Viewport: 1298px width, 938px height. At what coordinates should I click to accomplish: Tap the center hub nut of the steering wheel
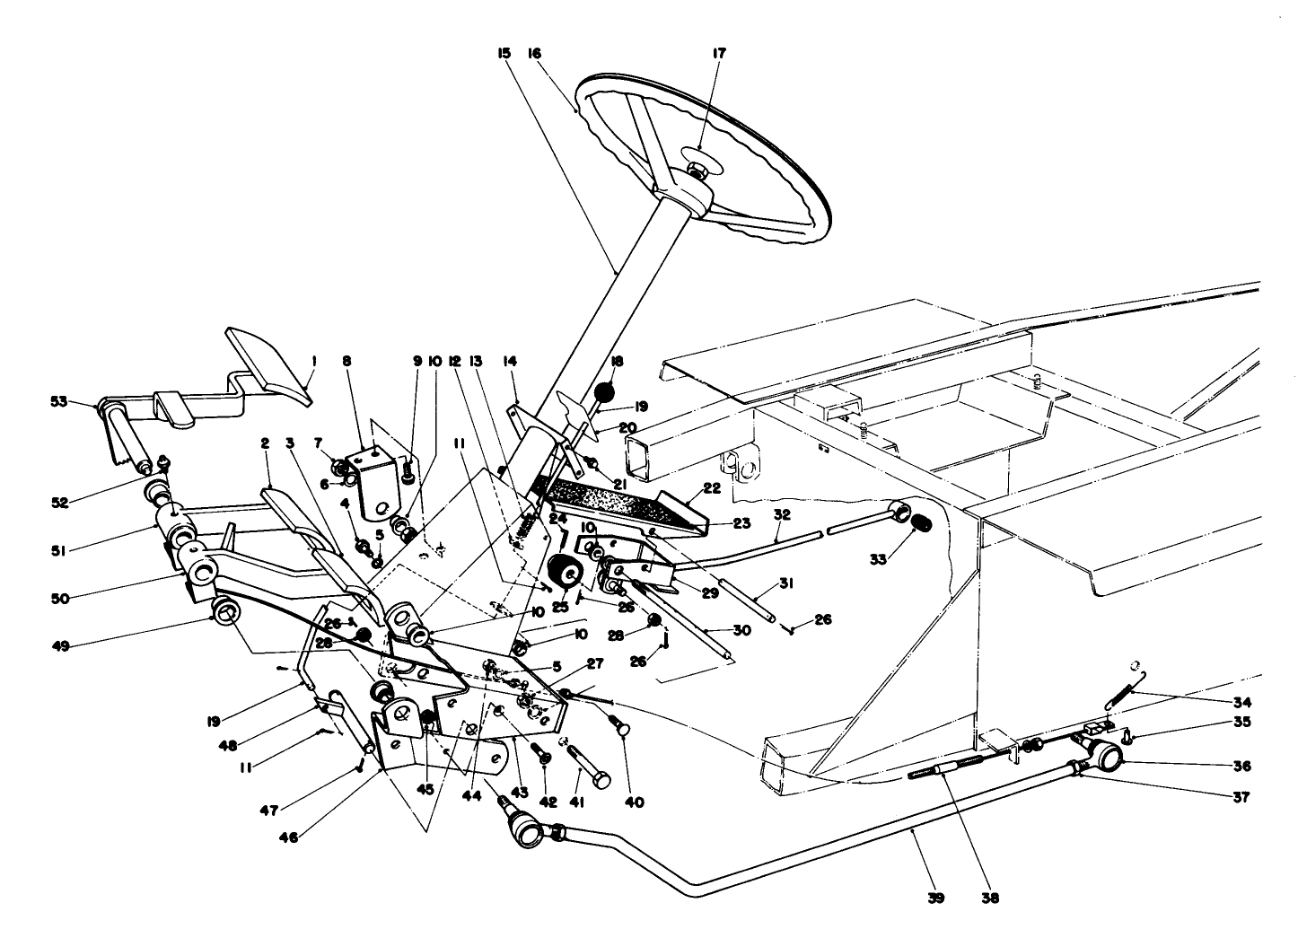[697, 169]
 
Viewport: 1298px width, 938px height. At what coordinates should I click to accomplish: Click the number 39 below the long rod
[936, 897]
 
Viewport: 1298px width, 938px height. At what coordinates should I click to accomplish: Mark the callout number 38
[991, 897]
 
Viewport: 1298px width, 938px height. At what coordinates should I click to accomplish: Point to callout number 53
[58, 402]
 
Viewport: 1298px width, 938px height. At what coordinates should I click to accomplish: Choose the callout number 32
[782, 515]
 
